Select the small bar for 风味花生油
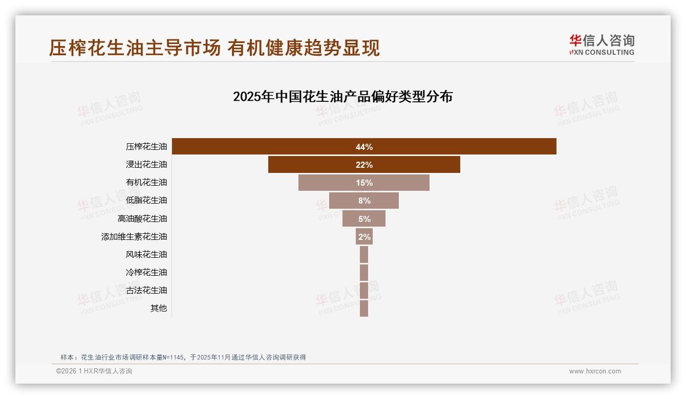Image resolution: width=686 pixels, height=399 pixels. click(x=364, y=254)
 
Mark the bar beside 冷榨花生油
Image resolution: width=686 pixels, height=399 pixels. click(x=364, y=272)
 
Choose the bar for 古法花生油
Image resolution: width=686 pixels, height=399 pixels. click(x=364, y=290)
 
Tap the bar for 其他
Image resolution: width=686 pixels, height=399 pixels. click(x=364, y=308)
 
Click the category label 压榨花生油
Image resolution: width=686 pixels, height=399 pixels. click(x=146, y=147)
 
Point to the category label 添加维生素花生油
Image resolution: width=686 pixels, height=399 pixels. click(x=134, y=237)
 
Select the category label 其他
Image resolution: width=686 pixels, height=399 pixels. click(x=159, y=308)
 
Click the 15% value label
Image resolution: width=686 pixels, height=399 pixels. click(x=365, y=183)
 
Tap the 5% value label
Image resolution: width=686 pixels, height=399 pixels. click(x=365, y=219)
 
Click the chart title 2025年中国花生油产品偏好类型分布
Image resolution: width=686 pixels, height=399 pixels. click(x=342, y=97)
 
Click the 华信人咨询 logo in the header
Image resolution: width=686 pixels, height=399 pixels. click(x=602, y=45)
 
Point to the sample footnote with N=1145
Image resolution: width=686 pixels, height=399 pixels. click(x=183, y=357)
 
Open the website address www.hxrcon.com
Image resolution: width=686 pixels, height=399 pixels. click(x=595, y=371)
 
